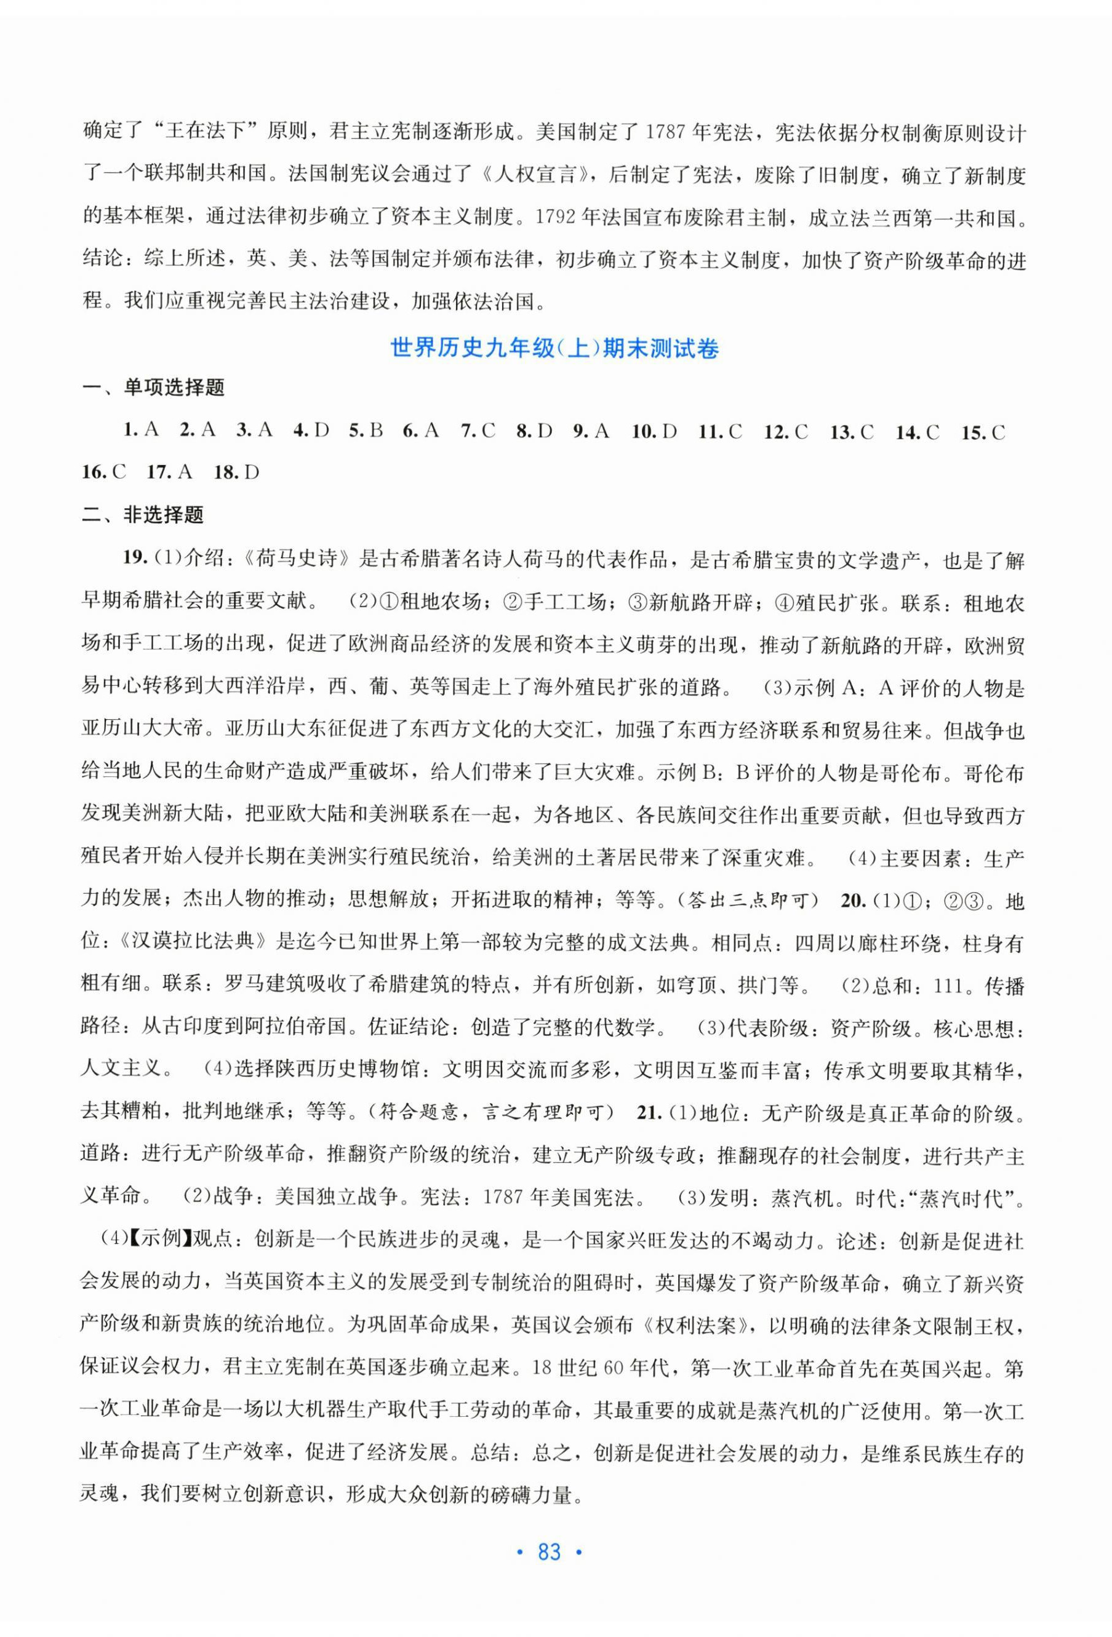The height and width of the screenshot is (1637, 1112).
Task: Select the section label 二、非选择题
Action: tap(142, 516)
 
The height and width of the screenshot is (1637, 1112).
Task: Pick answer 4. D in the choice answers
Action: tap(311, 431)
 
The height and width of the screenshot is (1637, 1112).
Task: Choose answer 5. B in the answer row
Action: tap(366, 431)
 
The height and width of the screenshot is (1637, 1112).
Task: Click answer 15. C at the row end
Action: tap(983, 432)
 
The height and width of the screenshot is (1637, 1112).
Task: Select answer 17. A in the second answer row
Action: tap(169, 472)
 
